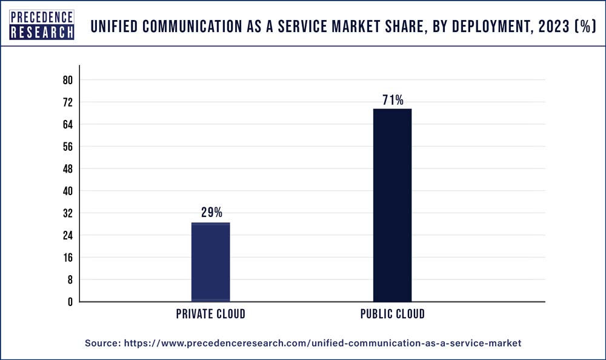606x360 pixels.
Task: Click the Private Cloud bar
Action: (x=210, y=262)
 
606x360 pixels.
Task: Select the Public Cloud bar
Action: (x=392, y=205)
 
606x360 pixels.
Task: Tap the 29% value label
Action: (x=211, y=213)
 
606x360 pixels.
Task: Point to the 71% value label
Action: (x=393, y=100)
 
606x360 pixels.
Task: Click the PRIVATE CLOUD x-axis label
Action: (x=211, y=314)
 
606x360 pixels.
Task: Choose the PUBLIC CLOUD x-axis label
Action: (x=393, y=314)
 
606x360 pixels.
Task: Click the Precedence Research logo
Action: (x=42, y=25)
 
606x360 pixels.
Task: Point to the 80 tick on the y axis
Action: (x=67, y=81)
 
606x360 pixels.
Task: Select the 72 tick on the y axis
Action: (x=67, y=102)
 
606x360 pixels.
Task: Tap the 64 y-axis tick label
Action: (x=67, y=125)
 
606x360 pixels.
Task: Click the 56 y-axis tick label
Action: (x=67, y=147)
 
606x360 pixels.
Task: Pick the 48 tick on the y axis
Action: (x=67, y=169)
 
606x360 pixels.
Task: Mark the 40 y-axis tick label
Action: (x=67, y=191)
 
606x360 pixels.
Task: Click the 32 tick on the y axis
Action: (x=67, y=213)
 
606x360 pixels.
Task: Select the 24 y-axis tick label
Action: (x=67, y=235)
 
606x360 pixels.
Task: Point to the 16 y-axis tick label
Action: (x=67, y=258)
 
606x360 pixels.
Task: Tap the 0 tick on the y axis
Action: (x=70, y=302)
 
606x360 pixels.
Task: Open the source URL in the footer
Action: (x=322, y=343)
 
